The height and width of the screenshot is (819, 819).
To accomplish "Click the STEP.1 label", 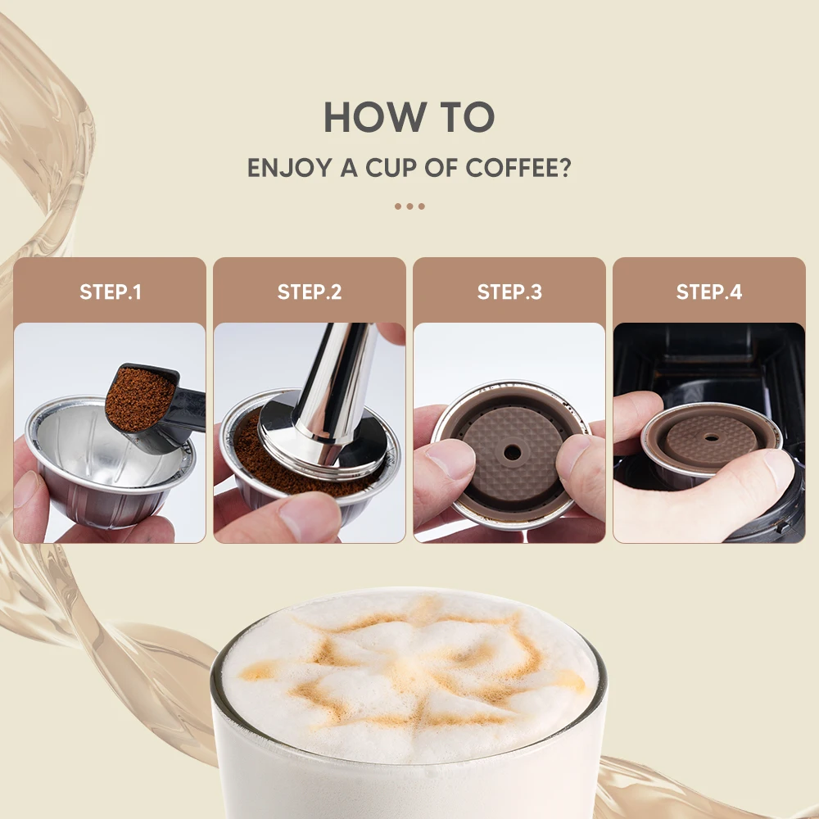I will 110,292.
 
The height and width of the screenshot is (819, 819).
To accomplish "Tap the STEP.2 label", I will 310,292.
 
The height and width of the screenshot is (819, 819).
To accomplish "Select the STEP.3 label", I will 509,292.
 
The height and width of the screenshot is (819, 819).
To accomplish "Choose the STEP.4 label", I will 709,292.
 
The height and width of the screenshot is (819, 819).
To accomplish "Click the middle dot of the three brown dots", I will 409,206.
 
